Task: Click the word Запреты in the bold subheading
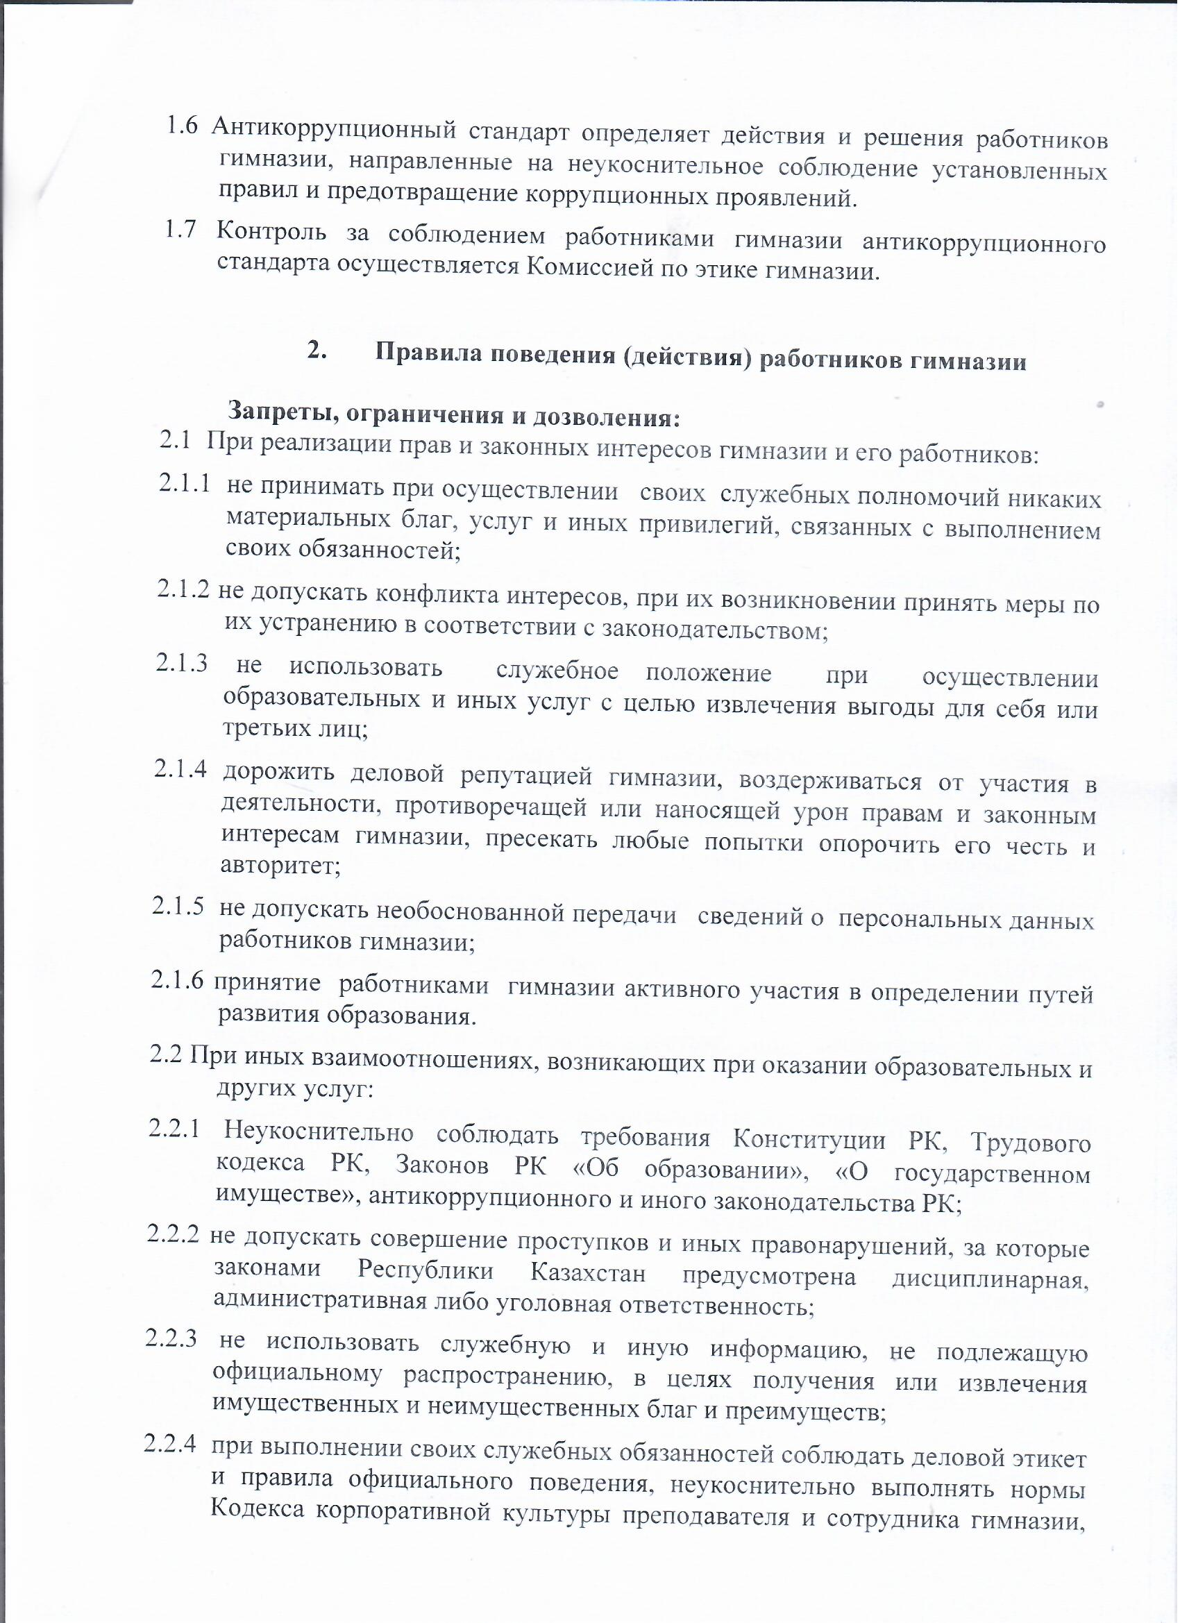click(276, 412)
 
